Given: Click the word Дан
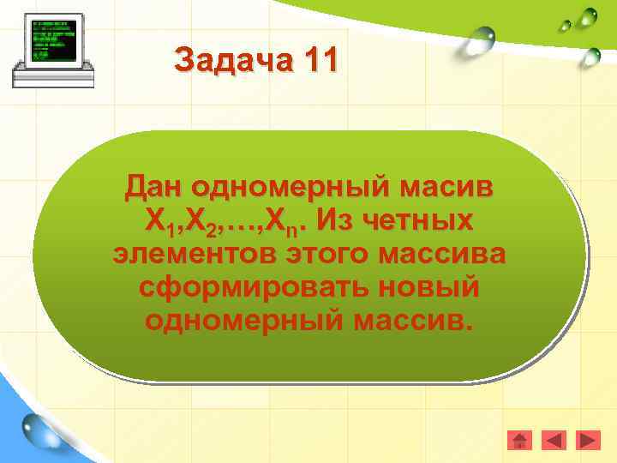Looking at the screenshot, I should tap(154, 186).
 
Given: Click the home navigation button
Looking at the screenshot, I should tap(519, 441).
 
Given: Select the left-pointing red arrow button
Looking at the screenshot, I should tap(554, 441).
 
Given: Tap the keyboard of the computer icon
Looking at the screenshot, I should tap(51, 76).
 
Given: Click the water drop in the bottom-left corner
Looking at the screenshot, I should tap(39, 430).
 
